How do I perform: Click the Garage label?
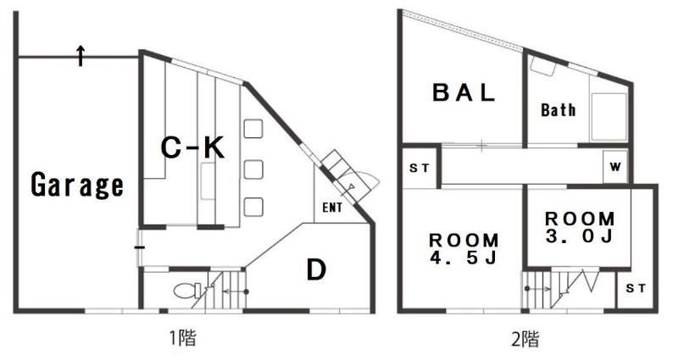77,185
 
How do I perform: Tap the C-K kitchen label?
192,147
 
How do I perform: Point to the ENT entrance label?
332,208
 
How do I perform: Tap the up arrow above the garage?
81,55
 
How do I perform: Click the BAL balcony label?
464,92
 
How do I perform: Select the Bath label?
559,110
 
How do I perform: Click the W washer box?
614,166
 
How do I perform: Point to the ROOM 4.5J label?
464,248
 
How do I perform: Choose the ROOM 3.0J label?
580,227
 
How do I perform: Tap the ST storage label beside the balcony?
419,168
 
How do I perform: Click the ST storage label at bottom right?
635,288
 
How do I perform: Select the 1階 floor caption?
181,337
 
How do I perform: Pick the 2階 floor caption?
525,339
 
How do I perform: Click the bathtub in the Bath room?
609,117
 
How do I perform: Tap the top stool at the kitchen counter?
253,129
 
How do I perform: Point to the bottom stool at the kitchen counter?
253,207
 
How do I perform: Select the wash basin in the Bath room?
542,66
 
